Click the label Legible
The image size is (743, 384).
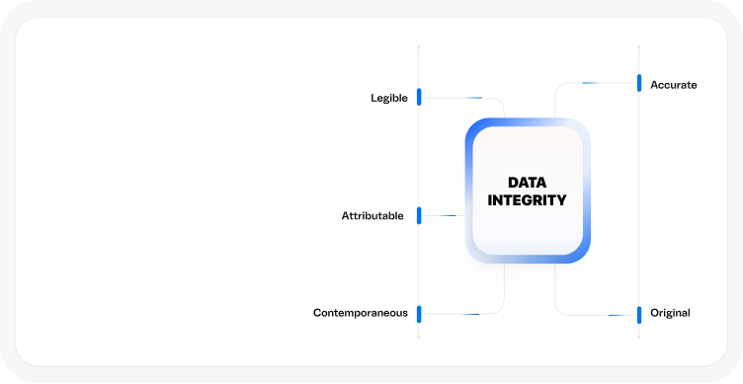click(388, 98)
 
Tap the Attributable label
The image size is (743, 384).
click(372, 216)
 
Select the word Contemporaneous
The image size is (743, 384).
click(360, 313)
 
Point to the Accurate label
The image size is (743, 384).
click(673, 85)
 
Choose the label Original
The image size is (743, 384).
click(670, 313)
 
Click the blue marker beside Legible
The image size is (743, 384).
click(419, 97)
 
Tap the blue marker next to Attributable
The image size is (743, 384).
click(419, 215)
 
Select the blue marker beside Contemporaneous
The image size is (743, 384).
click(419, 314)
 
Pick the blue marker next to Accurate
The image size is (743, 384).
click(639, 83)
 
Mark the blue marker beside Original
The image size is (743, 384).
click(639, 314)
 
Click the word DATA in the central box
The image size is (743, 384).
click(527, 183)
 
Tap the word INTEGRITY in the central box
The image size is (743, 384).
click(527, 200)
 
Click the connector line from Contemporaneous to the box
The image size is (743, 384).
click(474, 314)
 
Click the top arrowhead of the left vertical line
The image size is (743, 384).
click(419, 45)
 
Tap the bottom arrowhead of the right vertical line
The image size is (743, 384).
click(639, 338)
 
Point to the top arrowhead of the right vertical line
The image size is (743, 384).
click(639, 45)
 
